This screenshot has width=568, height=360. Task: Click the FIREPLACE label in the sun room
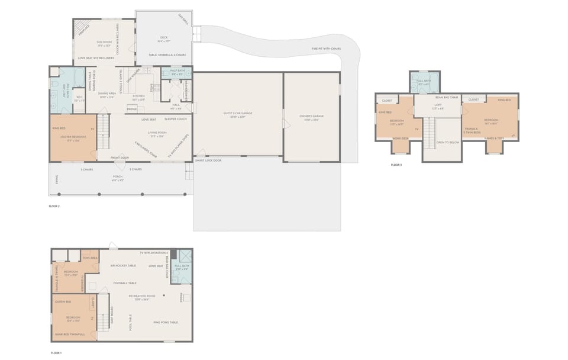pyautogui.click(x=84, y=28)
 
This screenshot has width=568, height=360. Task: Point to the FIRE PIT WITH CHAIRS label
pyautogui.click(x=326, y=49)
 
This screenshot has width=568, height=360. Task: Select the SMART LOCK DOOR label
pyautogui.click(x=208, y=160)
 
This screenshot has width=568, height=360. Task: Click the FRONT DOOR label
pyautogui.click(x=120, y=157)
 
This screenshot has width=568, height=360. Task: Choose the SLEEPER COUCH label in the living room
pyautogui.click(x=175, y=119)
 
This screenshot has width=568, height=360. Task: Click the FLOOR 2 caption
pyautogui.click(x=54, y=206)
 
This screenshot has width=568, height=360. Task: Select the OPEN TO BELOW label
pyautogui.click(x=448, y=142)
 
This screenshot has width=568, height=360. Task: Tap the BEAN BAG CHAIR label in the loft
pyautogui.click(x=446, y=97)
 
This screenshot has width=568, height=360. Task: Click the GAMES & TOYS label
pyautogui.click(x=493, y=139)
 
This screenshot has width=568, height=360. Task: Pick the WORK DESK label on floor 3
pyautogui.click(x=401, y=139)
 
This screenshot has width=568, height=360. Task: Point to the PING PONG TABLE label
pyautogui.click(x=166, y=322)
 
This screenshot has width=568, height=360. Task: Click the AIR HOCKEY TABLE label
pyautogui.click(x=124, y=266)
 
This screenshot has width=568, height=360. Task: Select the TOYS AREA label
pyautogui.click(x=90, y=258)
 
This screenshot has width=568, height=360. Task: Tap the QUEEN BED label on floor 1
pyautogui.click(x=63, y=301)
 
